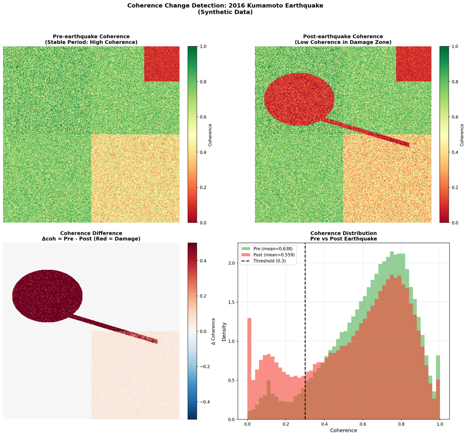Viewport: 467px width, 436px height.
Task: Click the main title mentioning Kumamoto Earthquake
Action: (225, 6)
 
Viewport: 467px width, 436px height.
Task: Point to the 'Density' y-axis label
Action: (224, 331)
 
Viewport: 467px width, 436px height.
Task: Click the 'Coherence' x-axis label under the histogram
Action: (343, 430)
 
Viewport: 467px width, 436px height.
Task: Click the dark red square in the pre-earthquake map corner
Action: (162, 64)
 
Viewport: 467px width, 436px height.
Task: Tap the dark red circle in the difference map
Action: (47, 296)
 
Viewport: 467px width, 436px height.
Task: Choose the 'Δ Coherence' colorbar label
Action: (214, 331)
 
